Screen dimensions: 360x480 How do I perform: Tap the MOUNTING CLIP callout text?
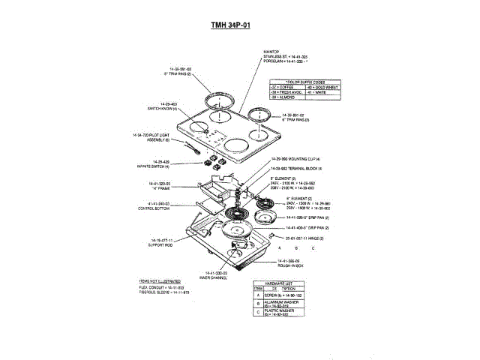[x=298, y=159]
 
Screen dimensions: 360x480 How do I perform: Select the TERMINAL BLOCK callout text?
[x=297, y=168]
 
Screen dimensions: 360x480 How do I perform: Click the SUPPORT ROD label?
[x=160, y=243]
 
